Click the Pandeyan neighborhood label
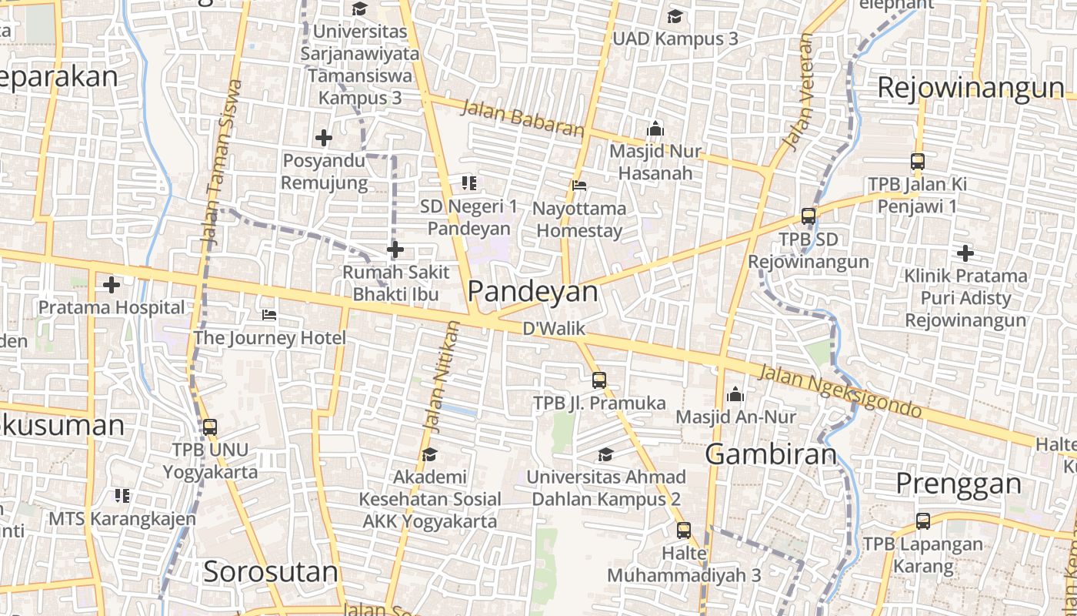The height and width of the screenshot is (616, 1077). [x=532, y=291]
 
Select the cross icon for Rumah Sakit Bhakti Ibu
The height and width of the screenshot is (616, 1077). [x=395, y=250]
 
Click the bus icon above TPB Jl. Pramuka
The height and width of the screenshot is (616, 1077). [x=599, y=380]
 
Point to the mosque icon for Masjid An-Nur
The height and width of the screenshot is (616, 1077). [x=735, y=394]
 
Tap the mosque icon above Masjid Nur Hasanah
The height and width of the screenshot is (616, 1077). [x=655, y=129]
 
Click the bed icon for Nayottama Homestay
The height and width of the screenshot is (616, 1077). [x=579, y=186]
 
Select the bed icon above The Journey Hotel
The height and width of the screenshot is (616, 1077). [x=269, y=315]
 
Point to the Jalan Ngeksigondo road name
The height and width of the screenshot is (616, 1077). [x=840, y=392]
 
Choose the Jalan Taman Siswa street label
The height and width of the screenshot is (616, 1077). [x=221, y=162]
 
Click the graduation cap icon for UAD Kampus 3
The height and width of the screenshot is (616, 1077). [x=675, y=16]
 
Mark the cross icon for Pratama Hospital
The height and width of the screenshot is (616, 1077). [x=112, y=285]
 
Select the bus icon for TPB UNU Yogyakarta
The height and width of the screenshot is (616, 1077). [x=209, y=427]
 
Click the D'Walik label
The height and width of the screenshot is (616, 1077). [x=554, y=329]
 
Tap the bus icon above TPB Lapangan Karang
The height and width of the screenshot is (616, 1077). [x=923, y=521]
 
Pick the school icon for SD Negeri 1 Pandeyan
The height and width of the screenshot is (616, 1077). [x=468, y=183]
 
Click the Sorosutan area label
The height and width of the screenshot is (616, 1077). [x=271, y=572]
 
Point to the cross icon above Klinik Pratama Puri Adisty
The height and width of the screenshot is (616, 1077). [x=965, y=253]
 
